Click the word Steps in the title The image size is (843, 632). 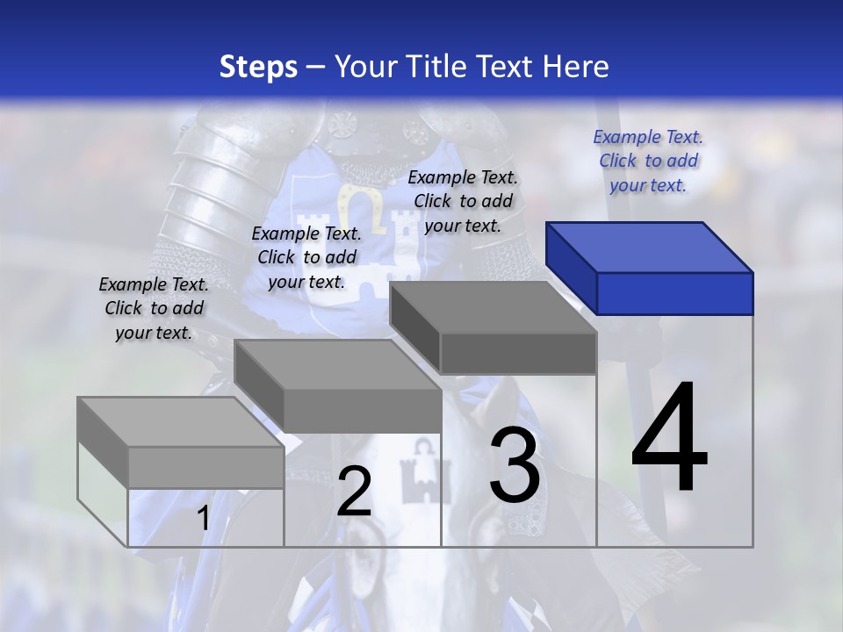pyautogui.click(x=258, y=67)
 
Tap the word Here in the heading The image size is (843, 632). pyautogui.click(x=576, y=67)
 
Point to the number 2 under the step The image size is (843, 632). pyautogui.click(x=354, y=492)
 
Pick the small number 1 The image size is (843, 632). pyautogui.click(x=203, y=519)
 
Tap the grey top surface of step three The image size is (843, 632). pyautogui.click(x=493, y=307)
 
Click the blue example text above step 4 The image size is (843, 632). pyautogui.click(x=648, y=161)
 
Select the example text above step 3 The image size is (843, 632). pyautogui.click(x=463, y=201)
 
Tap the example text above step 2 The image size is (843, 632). pyautogui.click(x=306, y=257)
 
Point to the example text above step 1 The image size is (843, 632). pyautogui.click(x=154, y=308)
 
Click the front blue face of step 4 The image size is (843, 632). pyautogui.click(x=674, y=293)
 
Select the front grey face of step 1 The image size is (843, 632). pyautogui.click(x=205, y=467)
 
